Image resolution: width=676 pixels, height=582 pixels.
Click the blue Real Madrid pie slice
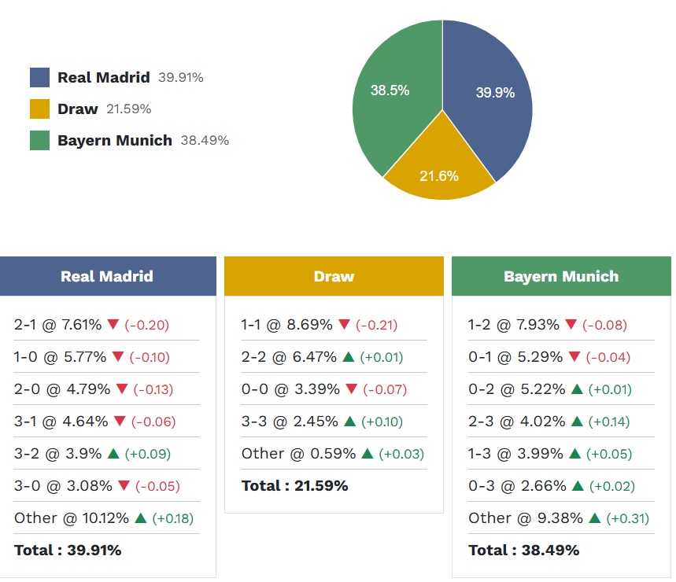492,98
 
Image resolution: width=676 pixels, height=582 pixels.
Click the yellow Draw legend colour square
39,109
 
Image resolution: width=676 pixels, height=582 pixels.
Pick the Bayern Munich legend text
114,141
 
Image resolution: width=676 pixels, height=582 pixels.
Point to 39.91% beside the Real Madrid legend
181,78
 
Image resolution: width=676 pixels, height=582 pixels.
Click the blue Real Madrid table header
107,276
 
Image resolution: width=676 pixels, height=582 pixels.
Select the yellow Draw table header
334,276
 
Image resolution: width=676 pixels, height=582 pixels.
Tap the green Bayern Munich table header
561,276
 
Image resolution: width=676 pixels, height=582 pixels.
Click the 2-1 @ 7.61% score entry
58,324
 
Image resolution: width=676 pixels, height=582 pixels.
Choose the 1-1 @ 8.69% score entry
285,324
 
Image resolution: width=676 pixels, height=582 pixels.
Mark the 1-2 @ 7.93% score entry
513,324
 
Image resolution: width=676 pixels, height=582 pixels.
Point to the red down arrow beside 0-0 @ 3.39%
351,389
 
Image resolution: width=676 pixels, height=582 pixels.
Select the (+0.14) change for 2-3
609,422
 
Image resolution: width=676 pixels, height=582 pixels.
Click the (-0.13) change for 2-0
153,389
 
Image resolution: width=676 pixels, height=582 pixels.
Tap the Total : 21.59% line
294,486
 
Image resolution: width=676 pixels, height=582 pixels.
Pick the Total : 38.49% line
523,551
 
